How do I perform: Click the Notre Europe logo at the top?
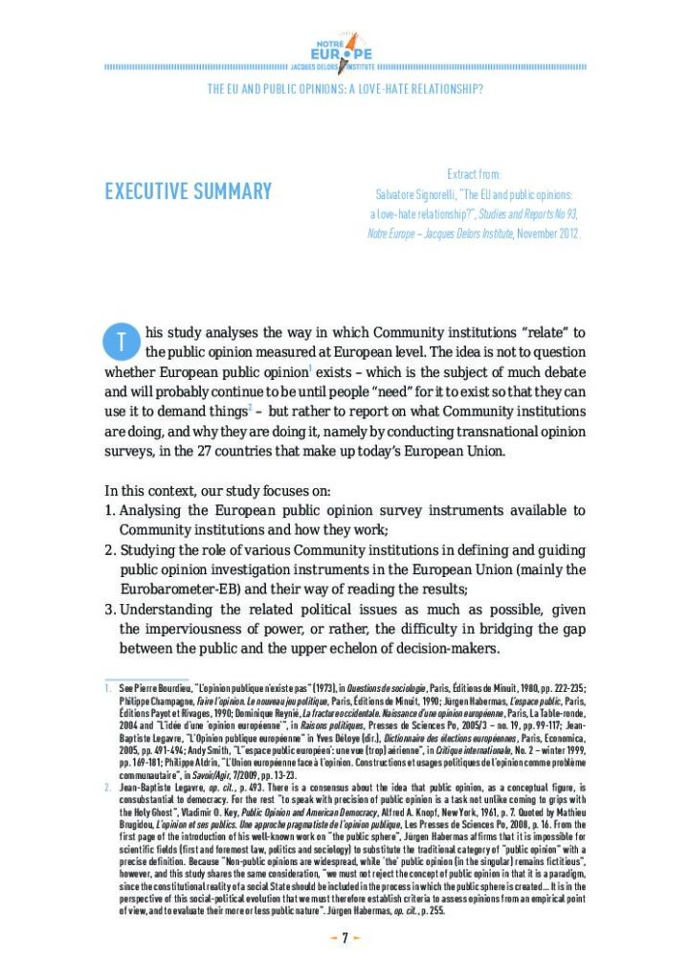tap(345, 51)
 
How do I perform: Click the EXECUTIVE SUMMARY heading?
tap(189, 191)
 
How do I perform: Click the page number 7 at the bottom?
tap(345, 937)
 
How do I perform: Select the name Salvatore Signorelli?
tap(413, 194)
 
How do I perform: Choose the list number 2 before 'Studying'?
tap(109, 550)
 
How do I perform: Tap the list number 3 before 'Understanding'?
tap(109, 610)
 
